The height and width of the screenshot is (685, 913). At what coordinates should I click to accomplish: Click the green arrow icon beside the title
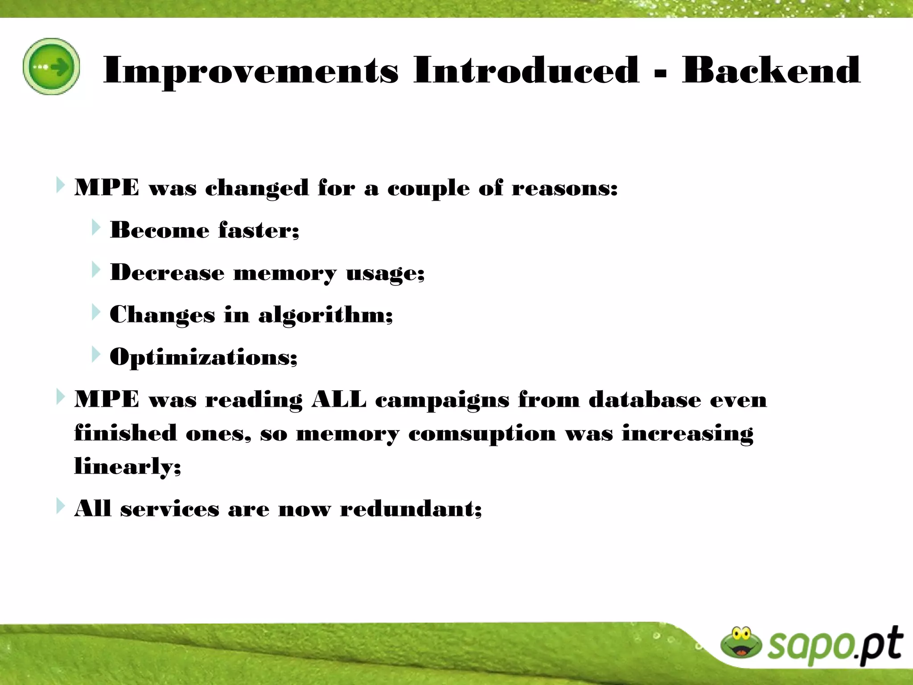click(51, 66)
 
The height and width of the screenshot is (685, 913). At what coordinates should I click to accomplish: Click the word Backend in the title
click(771, 70)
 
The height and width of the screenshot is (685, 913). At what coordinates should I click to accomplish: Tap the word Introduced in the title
click(526, 70)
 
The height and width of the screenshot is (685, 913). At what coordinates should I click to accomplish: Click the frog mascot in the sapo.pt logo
click(741, 643)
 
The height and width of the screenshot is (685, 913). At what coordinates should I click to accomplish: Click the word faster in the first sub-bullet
click(259, 231)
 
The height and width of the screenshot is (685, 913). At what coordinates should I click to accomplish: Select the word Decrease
click(167, 272)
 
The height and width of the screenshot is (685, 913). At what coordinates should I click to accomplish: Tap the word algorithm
click(325, 315)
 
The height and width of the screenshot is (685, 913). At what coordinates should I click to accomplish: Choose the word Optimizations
click(203, 357)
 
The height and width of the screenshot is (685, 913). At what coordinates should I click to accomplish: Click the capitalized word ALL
click(339, 399)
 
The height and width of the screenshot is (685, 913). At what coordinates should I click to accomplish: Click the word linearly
click(127, 466)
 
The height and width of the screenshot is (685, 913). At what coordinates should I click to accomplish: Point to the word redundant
click(411, 509)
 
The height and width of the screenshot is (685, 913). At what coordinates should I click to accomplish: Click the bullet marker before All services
click(60, 506)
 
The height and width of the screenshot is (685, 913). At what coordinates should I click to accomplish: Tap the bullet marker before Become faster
click(95, 227)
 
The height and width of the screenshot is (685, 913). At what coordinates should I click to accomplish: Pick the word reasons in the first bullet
click(564, 188)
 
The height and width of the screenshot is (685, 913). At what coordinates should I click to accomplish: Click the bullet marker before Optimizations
click(95, 354)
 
